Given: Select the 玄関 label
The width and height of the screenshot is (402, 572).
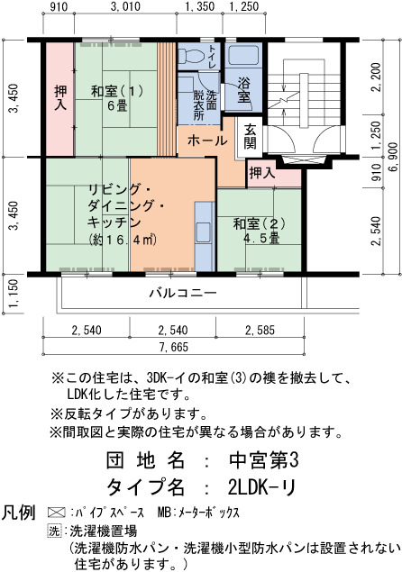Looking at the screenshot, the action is pos(250,136).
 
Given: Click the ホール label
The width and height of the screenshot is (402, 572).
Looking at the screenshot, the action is pos(207,141).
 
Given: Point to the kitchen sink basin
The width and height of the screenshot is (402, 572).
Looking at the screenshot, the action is pos(204,232).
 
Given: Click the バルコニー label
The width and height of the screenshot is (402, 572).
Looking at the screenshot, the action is pos(184,293).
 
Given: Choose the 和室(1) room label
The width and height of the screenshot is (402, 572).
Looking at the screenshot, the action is pos(117,91).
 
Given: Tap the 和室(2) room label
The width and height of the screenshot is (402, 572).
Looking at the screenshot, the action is pos(260,223).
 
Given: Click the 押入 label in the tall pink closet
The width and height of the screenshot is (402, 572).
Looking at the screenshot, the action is pos(60,97).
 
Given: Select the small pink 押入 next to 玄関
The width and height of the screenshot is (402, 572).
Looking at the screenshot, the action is pos(262,173).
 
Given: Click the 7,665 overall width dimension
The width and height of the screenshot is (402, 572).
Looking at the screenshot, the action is pos(174,347).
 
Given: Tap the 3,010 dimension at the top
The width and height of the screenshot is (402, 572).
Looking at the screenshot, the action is pos(125,6).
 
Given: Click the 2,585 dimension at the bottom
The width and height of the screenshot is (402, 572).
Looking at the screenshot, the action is pos(260,331).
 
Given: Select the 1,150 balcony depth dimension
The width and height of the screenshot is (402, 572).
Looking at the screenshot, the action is pos(14,294).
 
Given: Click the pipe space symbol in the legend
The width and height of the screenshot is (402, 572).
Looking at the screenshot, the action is pos(57,513).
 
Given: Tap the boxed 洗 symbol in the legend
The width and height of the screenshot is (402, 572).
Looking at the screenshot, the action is pos(54,531).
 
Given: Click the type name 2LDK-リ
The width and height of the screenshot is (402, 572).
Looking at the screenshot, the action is pos(261,487).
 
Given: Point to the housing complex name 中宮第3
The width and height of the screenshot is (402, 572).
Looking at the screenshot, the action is pos(263,460).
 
